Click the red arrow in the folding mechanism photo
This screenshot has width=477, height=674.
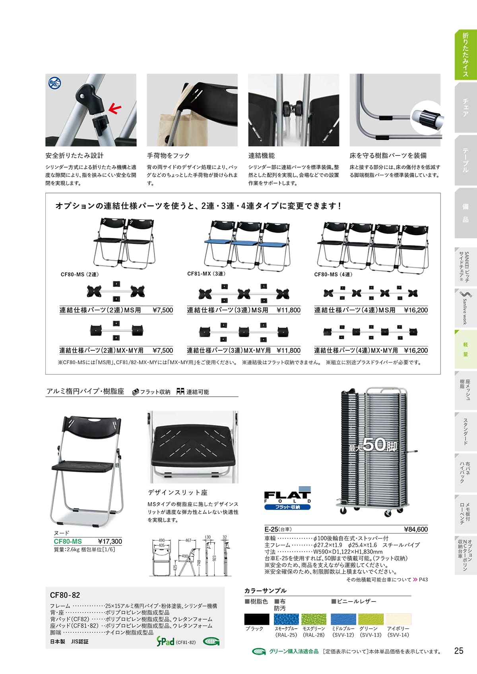[115, 108]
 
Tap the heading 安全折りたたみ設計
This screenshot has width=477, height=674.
[74, 156]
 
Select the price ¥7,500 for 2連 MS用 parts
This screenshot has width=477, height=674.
[163, 310]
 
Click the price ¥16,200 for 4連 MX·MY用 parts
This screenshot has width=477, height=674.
[416, 350]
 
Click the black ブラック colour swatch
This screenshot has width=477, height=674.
[256, 619]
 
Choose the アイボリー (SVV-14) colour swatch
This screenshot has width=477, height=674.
[398, 619]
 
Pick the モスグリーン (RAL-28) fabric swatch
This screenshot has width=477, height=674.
[314, 619]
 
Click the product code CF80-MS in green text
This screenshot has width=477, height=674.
[68, 541]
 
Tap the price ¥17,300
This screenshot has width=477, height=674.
[110, 541]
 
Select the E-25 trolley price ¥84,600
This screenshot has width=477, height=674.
[416, 529]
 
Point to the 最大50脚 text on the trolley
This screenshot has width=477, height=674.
[372, 445]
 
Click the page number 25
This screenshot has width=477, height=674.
[458, 651]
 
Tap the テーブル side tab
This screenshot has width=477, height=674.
[465, 160]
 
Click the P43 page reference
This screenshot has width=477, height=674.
[423, 579]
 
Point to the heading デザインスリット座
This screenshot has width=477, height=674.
[178, 492]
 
